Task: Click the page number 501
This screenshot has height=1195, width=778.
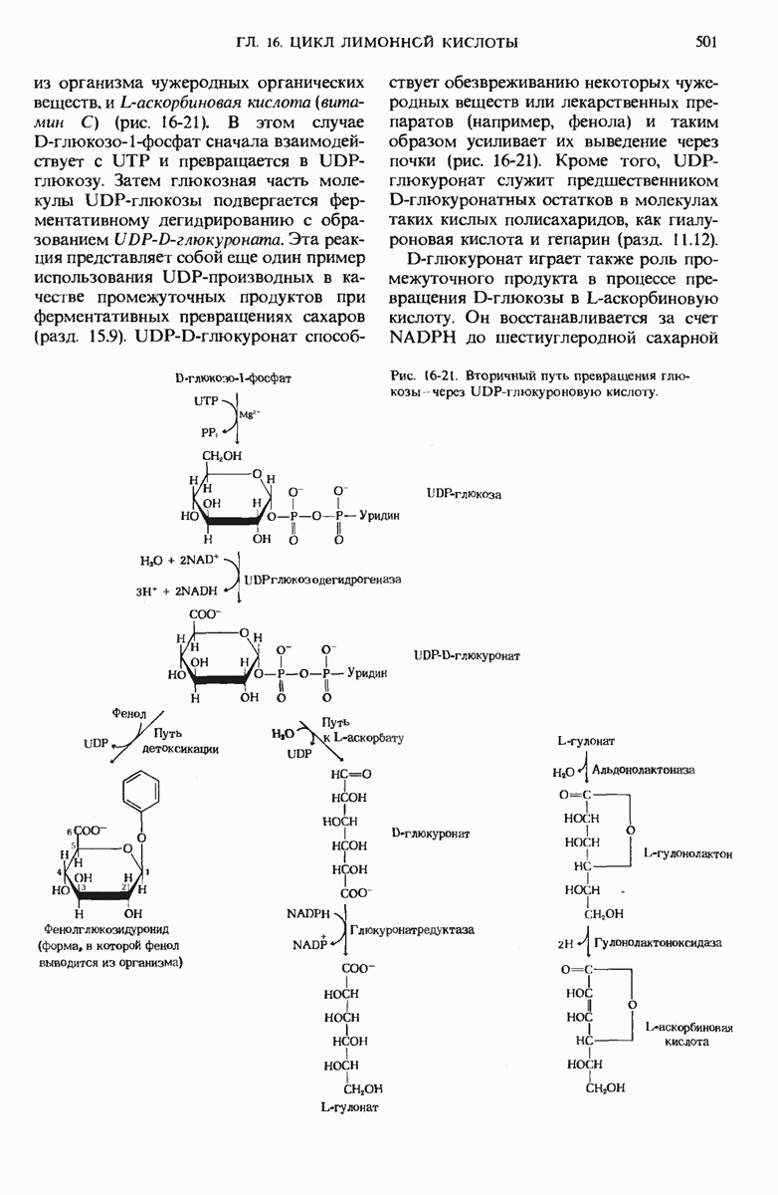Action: click(x=706, y=42)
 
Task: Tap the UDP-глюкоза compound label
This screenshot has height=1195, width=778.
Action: click(x=463, y=494)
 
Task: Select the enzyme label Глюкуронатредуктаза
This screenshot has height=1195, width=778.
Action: click(x=412, y=928)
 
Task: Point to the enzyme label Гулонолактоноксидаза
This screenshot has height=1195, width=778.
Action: click(x=657, y=941)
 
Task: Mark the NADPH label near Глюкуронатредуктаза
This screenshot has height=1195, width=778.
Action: click(x=309, y=912)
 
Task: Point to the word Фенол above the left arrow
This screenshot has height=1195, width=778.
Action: click(x=129, y=714)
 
